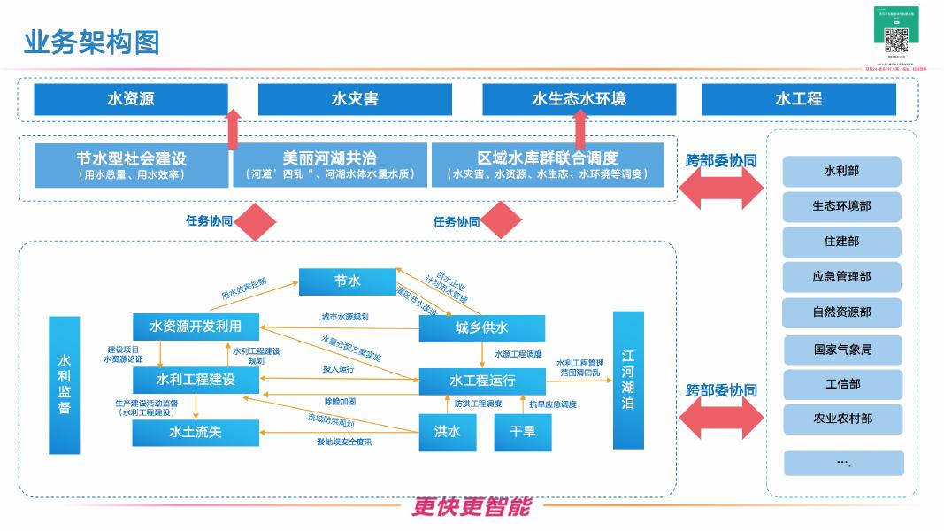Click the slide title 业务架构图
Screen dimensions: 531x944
(x=91, y=41)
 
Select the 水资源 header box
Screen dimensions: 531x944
(x=130, y=99)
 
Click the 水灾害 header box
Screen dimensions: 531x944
(x=355, y=99)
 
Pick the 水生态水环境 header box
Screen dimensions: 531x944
(x=579, y=99)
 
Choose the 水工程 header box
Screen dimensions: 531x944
(x=798, y=99)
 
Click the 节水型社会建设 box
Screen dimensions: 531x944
(x=131, y=165)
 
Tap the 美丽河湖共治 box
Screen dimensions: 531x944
(x=329, y=165)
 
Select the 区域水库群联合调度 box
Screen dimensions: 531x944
(x=547, y=165)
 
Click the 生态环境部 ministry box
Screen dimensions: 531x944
(x=841, y=206)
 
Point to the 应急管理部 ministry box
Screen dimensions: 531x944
(x=841, y=277)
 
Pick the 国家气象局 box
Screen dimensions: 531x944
(x=842, y=350)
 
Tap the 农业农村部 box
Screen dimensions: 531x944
(x=842, y=419)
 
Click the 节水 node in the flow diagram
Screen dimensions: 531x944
(x=347, y=281)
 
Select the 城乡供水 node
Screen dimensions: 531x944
(x=481, y=328)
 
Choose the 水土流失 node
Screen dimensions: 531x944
(x=196, y=433)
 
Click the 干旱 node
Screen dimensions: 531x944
(x=522, y=432)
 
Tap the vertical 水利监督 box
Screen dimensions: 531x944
(x=65, y=384)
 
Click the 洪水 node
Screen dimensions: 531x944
(x=448, y=432)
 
